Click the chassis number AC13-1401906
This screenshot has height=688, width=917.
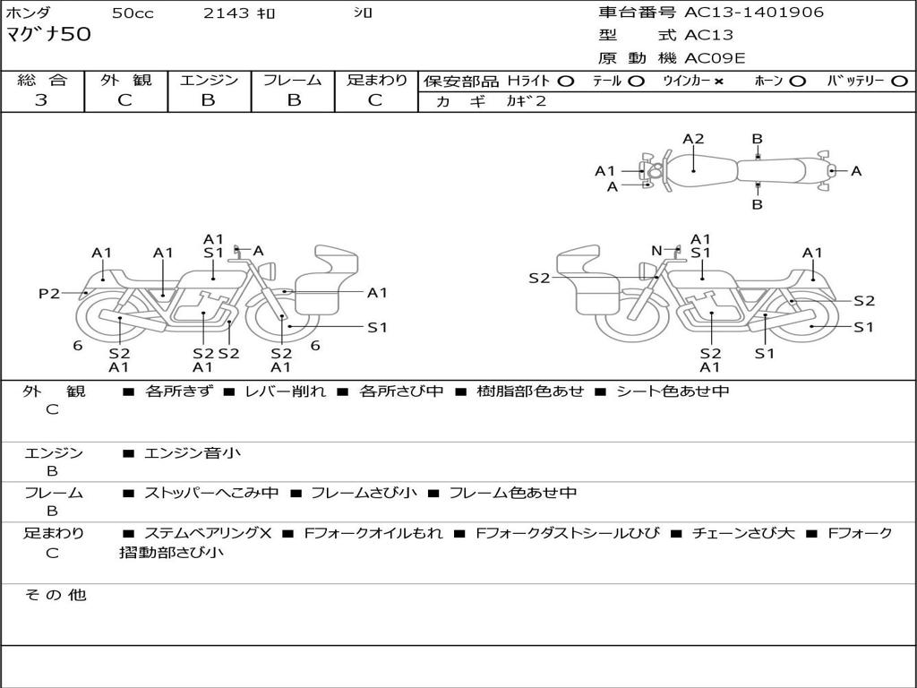coord(754,13)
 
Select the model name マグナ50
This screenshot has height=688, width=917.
coord(48,36)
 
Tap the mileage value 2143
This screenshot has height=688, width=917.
coord(226,13)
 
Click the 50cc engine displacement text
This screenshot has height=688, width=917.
coord(131,13)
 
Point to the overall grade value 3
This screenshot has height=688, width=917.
coord(41,100)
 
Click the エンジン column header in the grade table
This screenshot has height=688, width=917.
coord(209,80)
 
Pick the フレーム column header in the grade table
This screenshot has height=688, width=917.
coord(292,80)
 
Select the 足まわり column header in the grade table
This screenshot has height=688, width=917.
coord(376,80)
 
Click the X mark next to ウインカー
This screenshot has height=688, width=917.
coord(718,81)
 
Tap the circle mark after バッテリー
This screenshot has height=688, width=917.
coord(899,81)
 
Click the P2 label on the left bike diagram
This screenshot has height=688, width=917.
coord(48,293)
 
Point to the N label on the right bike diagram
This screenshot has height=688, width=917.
coord(656,251)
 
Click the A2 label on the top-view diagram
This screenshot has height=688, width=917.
coord(693,139)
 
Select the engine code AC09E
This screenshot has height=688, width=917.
coord(715,59)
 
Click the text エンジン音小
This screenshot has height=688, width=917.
coord(192,453)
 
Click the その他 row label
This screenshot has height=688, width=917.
coord(55,595)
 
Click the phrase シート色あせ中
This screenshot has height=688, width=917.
coord(673,391)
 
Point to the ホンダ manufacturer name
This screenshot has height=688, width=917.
coord(29,13)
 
